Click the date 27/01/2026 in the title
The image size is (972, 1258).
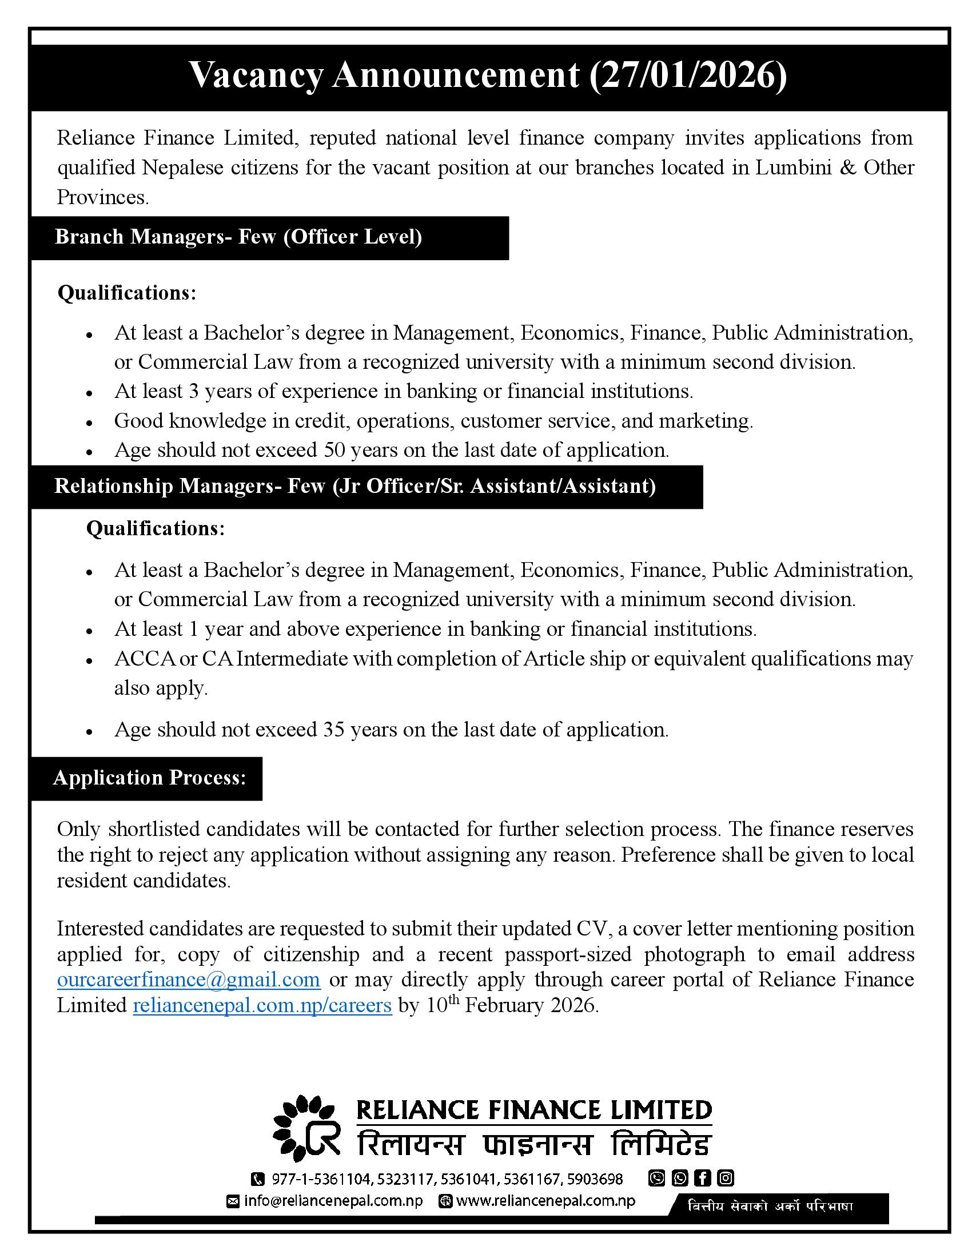point(687,75)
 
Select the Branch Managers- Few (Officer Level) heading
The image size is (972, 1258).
point(238,237)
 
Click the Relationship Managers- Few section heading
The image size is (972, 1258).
point(354,486)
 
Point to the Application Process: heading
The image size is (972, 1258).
point(149,778)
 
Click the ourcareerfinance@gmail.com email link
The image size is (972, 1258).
point(188,979)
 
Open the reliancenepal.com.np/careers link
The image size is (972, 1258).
point(262,1005)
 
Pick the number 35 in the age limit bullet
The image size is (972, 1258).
point(334,729)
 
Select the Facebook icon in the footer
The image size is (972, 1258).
point(703,1178)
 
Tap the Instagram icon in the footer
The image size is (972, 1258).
point(726,1178)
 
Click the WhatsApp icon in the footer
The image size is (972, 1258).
point(680,1178)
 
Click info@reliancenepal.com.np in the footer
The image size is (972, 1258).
point(333,1201)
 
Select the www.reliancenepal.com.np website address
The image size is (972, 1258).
point(545,1201)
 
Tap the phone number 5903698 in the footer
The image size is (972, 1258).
point(595,1179)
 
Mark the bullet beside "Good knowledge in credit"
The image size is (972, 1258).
point(89,422)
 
